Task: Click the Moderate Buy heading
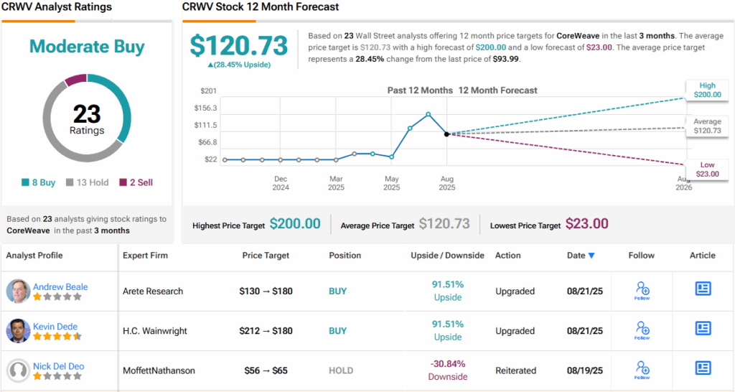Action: coord(87,47)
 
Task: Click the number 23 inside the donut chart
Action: coord(87,114)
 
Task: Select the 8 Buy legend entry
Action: coord(39,182)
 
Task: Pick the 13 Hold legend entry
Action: coord(88,182)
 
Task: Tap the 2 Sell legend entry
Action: coord(136,182)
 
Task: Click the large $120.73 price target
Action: coord(240,45)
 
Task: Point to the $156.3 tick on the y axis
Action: coord(205,108)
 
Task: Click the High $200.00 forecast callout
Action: coord(706,90)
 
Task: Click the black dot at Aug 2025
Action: coord(446,134)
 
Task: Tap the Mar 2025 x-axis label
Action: coord(336,183)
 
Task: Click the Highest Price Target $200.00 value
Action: coord(295,224)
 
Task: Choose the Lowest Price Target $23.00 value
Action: coord(586,224)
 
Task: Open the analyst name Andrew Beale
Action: coord(60,286)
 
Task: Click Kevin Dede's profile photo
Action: coord(18,331)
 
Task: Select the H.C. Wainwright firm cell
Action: coord(154,331)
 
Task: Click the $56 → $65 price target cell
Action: coord(266,370)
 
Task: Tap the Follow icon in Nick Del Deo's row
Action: coord(642,370)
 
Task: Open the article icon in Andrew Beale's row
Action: coord(703,289)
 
